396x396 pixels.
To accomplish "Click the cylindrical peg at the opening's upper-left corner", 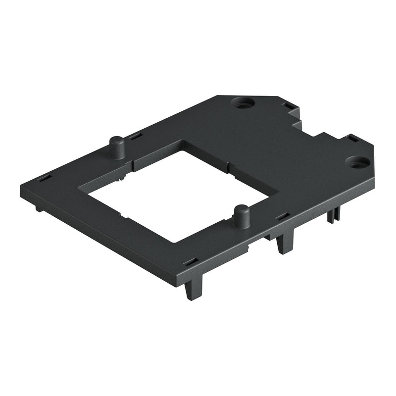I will coord(117,147).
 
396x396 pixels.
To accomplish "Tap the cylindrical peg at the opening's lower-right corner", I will coord(241,217).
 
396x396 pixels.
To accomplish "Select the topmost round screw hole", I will coord(243,104).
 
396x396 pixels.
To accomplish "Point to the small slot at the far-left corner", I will coord(44,177).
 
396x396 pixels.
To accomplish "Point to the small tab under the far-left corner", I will coord(39,209).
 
